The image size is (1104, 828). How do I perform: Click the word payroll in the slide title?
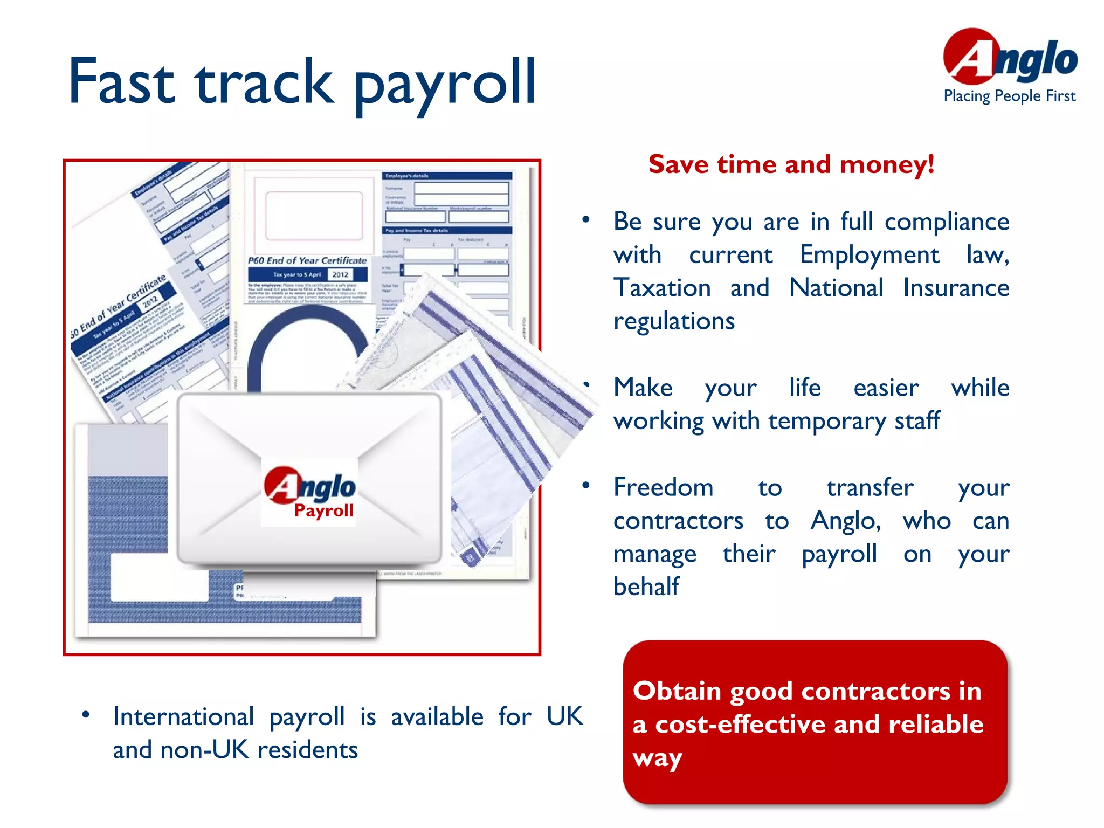point(445,84)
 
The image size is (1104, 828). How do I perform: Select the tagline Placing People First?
point(1009,96)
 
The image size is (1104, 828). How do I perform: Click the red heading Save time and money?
point(791,164)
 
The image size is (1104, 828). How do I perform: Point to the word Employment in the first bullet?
point(869,254)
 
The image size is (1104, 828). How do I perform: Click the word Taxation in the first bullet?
point(662,288)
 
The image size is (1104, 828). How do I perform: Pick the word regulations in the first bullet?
point(674,321)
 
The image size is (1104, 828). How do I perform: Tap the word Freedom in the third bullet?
point(663,487)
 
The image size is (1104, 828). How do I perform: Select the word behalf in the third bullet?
point(646,586)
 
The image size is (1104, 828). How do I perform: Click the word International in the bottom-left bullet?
point(183,717)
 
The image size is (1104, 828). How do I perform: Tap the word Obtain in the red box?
point(677,691)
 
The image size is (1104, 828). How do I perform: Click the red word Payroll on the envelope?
point(323,510)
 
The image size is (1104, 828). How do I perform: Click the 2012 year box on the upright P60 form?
point(340,274)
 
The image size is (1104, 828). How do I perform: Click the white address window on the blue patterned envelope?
point(160,578)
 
